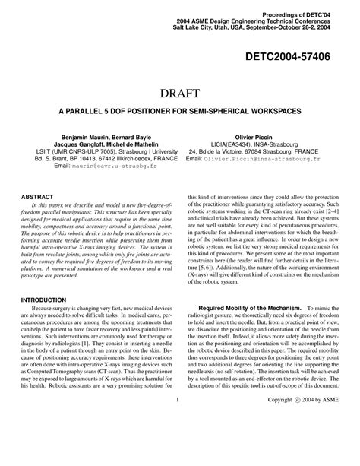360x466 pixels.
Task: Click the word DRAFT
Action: coord(180,94)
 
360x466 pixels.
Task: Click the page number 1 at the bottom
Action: coord(176,442)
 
